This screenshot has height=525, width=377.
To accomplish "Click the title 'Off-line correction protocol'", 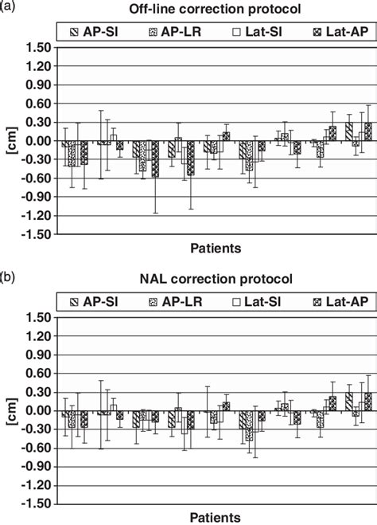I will point(216,10).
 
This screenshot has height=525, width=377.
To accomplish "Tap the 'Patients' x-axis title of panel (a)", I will point(216,249).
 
